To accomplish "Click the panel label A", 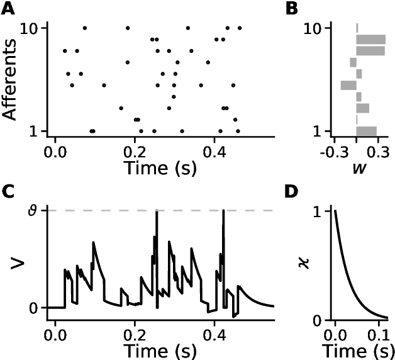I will tap(8, 8).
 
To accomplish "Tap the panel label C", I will tap(8, 193).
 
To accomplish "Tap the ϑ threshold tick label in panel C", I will tap(36, 210).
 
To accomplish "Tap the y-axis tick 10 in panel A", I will tap(31, 28).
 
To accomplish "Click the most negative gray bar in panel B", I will tap(348, 85).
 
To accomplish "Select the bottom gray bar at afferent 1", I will tap(366, 131).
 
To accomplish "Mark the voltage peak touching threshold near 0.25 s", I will tap(156, 213).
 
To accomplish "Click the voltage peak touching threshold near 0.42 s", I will tap(223, 213).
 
